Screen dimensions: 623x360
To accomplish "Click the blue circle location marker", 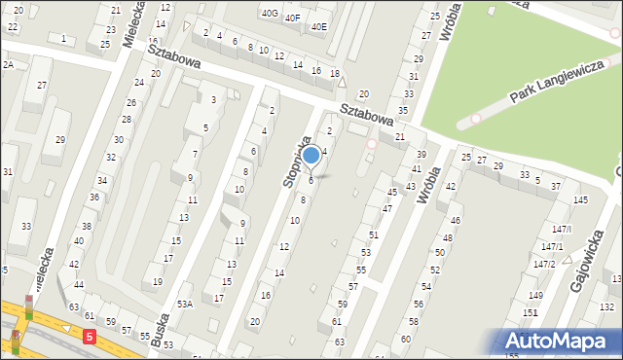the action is coord(311,155).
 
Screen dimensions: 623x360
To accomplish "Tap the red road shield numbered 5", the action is coord(90,337).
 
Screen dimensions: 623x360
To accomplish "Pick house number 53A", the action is coord(184,304).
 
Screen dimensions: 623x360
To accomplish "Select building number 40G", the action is coord(269,14).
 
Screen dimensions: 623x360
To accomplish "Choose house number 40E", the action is coord(319,27).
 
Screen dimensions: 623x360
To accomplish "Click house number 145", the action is coord(580,200).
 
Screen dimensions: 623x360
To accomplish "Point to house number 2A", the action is coord(8,64).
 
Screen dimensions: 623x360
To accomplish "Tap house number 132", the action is coord(606,306).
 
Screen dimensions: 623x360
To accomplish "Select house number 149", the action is coord(535,295).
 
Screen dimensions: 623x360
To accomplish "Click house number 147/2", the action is coord(546,264).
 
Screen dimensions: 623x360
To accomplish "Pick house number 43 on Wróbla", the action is coord(411,186).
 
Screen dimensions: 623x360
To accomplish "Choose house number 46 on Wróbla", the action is coord(455,221).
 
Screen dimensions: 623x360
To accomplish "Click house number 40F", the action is coord(292,18).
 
